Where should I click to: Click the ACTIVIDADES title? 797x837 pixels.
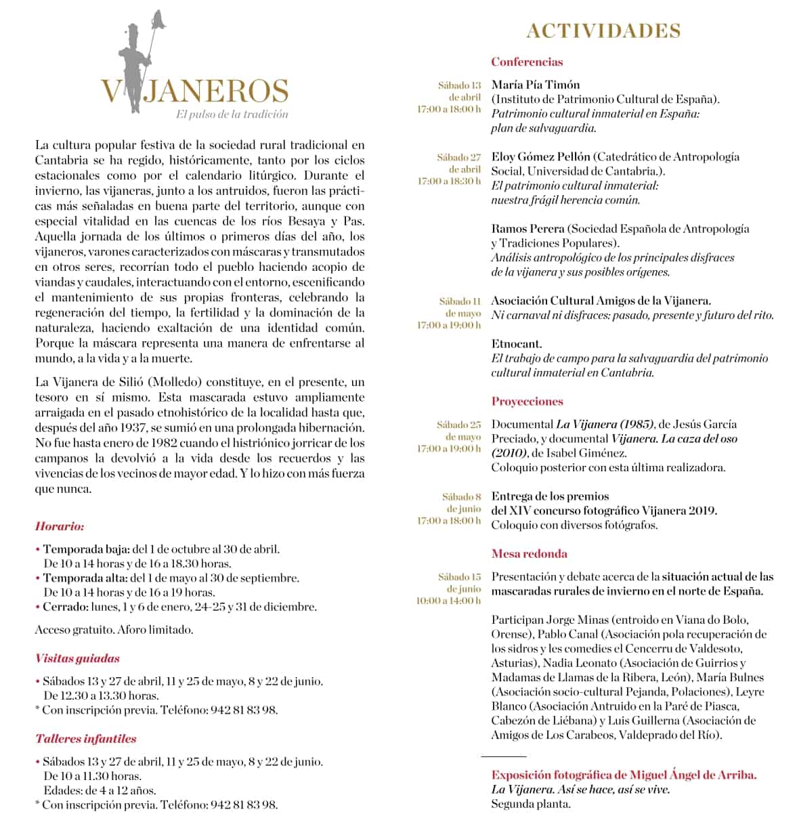(603, 31)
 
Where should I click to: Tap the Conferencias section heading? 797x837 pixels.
(527, 62)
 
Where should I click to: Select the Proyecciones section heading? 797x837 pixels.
(527, 402)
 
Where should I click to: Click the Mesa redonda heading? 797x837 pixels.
(529, 554)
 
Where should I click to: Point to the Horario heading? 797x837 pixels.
(60, 526)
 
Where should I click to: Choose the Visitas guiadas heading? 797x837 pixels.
(77, 658)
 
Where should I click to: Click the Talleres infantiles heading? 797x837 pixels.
(85, 739)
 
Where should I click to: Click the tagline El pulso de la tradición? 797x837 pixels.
(232, 114)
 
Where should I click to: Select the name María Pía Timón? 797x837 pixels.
(536, 85)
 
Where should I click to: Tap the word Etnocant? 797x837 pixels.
(516, 344)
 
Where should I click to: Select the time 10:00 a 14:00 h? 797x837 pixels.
(448, 601)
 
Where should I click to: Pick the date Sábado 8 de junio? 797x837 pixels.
(462, 502)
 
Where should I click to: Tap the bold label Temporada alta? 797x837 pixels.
(85, 578)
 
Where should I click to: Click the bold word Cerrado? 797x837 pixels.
(64, 607)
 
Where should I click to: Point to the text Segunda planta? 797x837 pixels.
(531, 804)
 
